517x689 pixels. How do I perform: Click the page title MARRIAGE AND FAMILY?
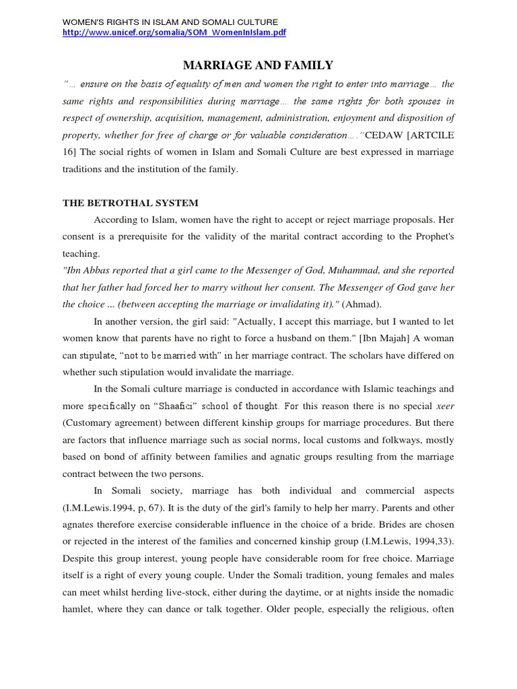(258, 65)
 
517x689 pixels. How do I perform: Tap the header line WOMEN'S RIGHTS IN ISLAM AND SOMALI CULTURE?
(170, 22)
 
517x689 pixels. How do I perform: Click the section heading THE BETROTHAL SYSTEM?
(131, 203)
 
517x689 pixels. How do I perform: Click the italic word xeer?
(445, 406)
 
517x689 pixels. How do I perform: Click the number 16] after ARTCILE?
(70, 152)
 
